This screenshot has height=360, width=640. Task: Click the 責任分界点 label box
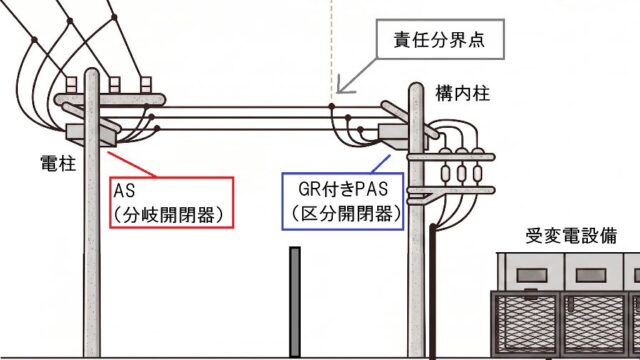tap(440, 39)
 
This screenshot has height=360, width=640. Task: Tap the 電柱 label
tap(58, 163)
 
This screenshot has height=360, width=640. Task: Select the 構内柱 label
tap(462, 93)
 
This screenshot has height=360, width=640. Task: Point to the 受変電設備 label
tap(571, 236)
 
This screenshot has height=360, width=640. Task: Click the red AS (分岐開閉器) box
tap(172, 202)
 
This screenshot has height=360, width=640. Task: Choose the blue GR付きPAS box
tap(343, 201)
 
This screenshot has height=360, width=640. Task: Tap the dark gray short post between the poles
tap(295, 302)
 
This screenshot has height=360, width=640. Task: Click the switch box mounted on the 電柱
tap(91, 135)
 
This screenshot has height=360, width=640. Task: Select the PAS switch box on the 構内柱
tap(402, 136)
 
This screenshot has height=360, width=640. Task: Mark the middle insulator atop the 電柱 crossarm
tap(114, 85)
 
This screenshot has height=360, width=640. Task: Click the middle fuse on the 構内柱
tap(462, 173)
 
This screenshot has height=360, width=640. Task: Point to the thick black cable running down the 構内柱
tap(433, 291)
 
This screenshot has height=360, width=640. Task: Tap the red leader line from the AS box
tap(133, 164)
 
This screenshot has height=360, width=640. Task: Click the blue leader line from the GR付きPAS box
tap(381, 164)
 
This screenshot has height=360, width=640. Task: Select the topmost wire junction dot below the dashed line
tap(332, 107)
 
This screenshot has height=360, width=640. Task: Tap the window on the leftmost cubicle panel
tap(531, 275)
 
